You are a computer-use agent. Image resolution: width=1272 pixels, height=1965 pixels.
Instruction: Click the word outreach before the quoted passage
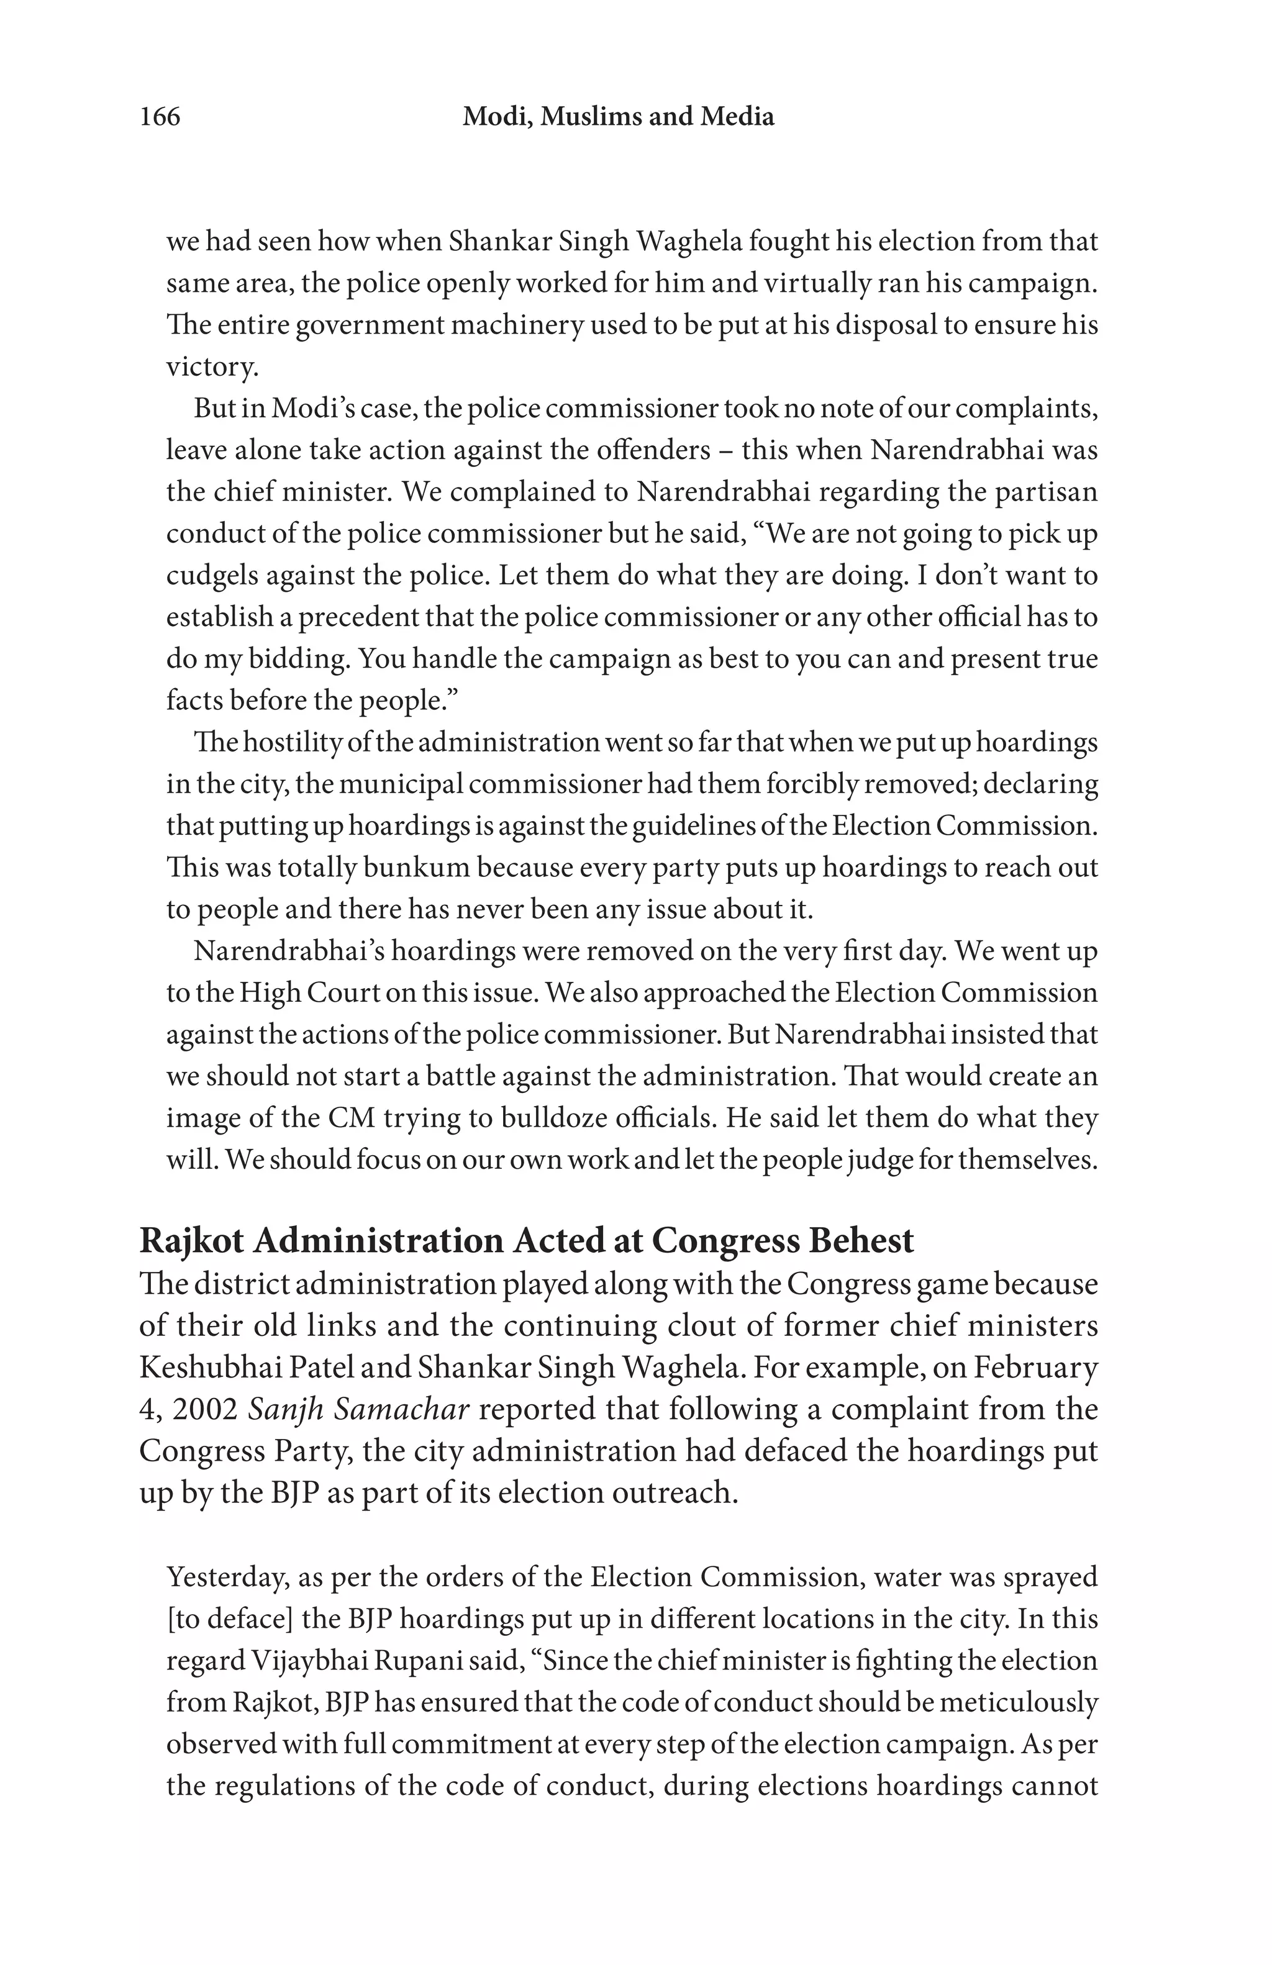pos(673,1493)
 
